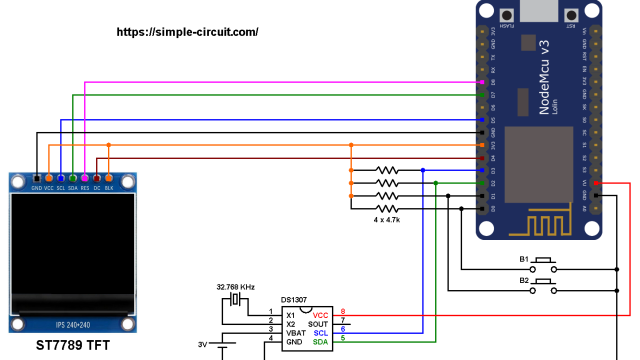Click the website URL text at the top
click(x=188, y=32)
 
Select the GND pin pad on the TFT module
click(x=37, y=177)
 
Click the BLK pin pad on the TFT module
click(x=109, y=177)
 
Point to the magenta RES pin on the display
click(x=85, y=177)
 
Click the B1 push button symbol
click(x=543, y=265)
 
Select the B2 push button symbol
click(x=543, y=286)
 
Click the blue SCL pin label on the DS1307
click(x=320, y=331)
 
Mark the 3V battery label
click(x=203, y=345)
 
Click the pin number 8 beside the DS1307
click(x=343, y=312)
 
